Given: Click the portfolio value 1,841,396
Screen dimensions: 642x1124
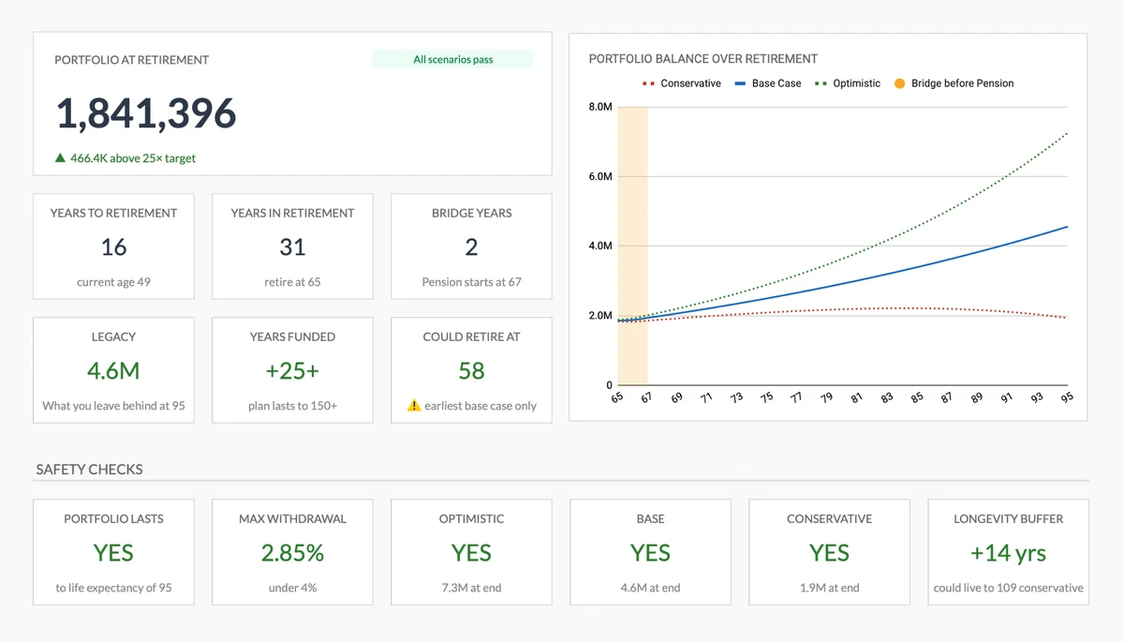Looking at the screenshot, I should [146, 113].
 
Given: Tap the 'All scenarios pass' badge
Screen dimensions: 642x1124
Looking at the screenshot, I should [452, 59].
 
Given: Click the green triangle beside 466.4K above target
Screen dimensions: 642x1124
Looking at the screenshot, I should [60, 158].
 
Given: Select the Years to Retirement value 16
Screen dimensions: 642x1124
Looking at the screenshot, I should [113, 247].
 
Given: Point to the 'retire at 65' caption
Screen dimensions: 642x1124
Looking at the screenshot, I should [292, 282].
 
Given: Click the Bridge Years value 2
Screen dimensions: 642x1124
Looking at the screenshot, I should [471, 247].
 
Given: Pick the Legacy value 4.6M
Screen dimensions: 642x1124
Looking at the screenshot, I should [113, 371].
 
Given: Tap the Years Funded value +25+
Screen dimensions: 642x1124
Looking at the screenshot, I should [292, 371].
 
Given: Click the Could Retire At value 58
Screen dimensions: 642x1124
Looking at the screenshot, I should [471, 371].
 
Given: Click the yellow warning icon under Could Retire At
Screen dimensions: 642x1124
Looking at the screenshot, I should [414, 406].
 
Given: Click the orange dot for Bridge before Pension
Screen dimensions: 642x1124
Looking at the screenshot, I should [899, 83].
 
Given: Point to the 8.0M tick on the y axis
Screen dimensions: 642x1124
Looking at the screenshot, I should [600, 108].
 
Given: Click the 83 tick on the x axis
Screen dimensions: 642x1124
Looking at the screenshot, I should [887, 397].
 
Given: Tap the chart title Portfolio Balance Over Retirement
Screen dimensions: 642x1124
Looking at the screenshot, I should [702, 58].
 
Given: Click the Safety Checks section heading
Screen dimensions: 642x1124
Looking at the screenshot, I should [89, 470].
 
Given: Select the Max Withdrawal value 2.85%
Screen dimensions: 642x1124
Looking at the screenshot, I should [292, 553].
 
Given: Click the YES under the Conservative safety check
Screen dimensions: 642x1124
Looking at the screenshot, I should [829, 553].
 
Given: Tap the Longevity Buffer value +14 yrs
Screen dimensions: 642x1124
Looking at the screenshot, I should [1008, 553].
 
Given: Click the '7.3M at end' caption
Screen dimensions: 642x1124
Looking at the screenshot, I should [471, 588].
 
